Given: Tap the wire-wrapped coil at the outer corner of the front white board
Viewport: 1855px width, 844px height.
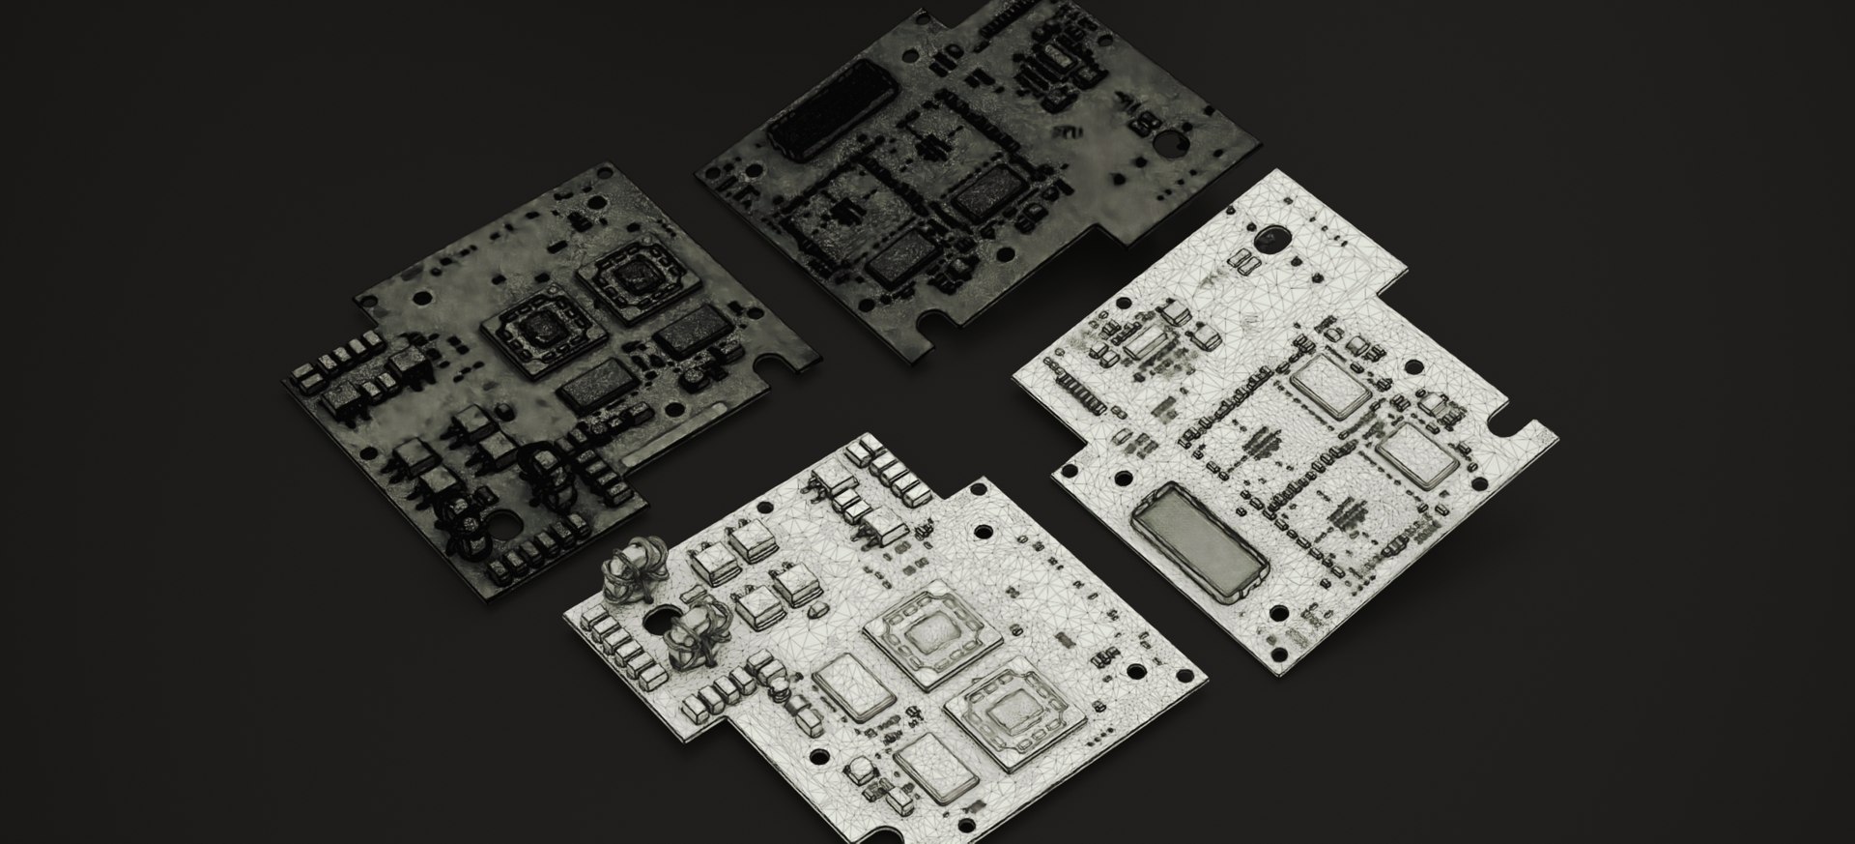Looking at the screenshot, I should pyautogui.click(x=630, y=567).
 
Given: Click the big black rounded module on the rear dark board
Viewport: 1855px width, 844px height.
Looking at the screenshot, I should pyautogui.click(x=833, y=108).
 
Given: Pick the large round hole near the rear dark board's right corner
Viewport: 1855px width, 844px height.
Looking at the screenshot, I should pyautogui.click(x=1172, y=143).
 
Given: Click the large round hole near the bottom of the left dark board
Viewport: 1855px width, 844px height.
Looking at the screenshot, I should pyautogui.click(x=504, y=525).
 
